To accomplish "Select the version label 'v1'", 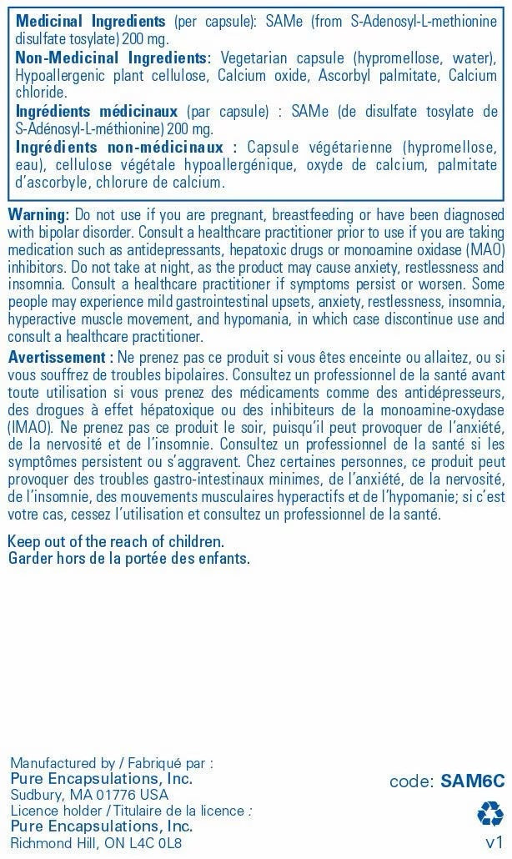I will (494, 841).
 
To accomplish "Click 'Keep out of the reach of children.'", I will (116, 542).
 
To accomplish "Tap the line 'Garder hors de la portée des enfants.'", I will (128, 558).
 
